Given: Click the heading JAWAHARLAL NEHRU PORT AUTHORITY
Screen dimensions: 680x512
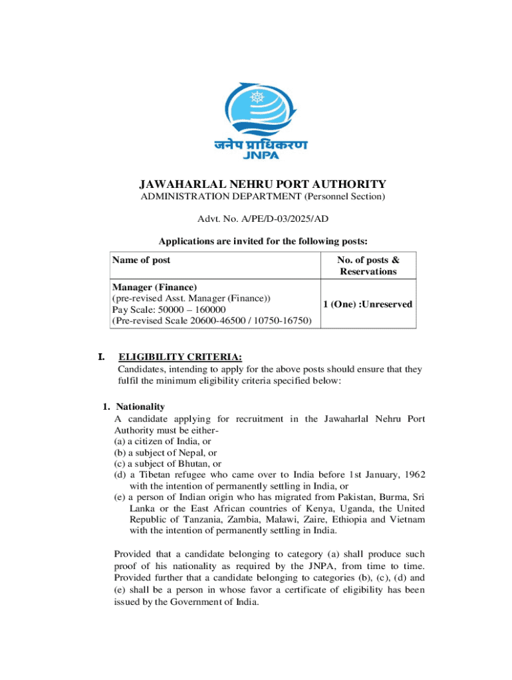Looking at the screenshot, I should pyautogui.click(x=262, y=184).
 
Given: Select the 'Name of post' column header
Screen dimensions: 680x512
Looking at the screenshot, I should pyautogui.click(x=141, y=260).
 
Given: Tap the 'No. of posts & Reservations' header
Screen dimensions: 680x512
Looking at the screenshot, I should pyautogui.click(x=368, y=266).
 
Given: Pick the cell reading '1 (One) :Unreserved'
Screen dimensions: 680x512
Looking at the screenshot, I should pyautogui.click(x=368, y=304).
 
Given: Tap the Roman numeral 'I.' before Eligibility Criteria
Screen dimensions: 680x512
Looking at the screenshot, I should pyautogui.click(x=102, y=358).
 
